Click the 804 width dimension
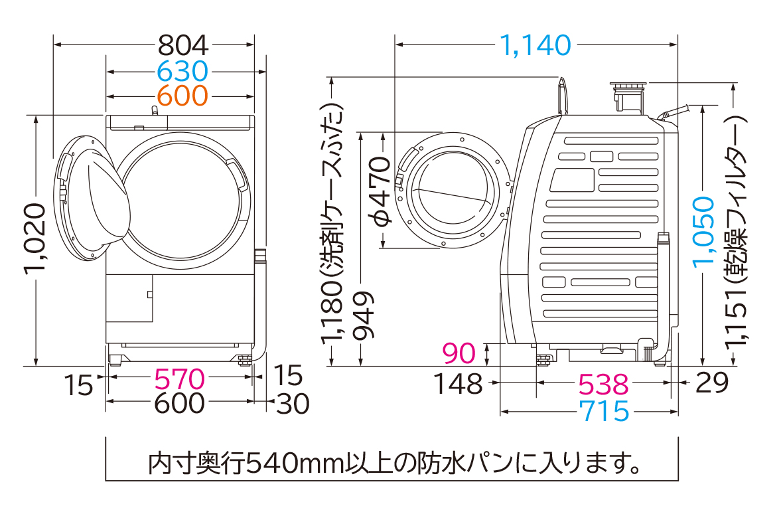(182, 45)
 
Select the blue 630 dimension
(182, 72)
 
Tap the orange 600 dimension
(182, 96)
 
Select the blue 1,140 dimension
(535, 45)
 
